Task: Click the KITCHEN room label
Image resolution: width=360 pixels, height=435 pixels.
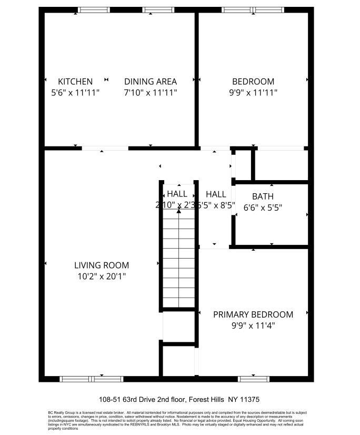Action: (75, 82)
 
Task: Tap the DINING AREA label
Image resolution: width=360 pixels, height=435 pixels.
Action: (151, 82)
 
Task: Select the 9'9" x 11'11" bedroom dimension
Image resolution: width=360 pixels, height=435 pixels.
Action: (253, 92)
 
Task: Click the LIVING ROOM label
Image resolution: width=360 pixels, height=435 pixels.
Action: (102, 265)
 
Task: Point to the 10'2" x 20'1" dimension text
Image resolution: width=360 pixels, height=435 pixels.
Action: (102, 276)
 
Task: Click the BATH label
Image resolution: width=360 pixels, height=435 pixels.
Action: (263, 197)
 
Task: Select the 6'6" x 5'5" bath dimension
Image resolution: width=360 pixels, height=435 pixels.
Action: (263, 207)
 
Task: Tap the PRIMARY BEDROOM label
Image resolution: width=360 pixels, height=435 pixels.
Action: (253, 314)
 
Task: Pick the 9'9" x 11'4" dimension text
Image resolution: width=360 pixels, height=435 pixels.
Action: (253, 325)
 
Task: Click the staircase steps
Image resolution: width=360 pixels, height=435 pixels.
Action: (179, 258)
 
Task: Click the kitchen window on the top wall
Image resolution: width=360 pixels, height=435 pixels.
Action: (94, 9)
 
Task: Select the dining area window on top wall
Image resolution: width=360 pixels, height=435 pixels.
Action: (158, 9)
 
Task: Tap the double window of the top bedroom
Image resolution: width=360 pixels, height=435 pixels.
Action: (253, 9)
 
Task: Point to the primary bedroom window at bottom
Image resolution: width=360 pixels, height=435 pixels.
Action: (254, 379)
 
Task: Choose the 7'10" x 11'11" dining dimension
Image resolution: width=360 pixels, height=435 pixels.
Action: (151, 92)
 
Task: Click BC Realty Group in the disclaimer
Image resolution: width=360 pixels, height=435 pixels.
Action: (62, 412)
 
